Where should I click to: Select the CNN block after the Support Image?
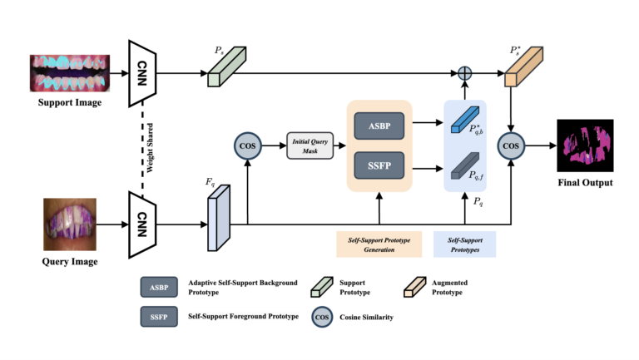pyautogui.click(x=143, y=73)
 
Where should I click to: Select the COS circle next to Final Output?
pyautogui.click(x=511, y=146)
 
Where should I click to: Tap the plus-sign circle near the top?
pyautogui.click(x=465, y=74)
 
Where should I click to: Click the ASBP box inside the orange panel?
pyautogui.click(x=379, y=126)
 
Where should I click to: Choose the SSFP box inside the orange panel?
pyautogui.click(x=379, y=166)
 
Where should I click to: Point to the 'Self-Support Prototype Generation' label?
pyautogui.click(x=379, y=244)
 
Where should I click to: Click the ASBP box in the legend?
pyautogui.click(x=159, y=287)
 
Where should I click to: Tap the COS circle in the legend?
pyautogui.click(x=324, y=317)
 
